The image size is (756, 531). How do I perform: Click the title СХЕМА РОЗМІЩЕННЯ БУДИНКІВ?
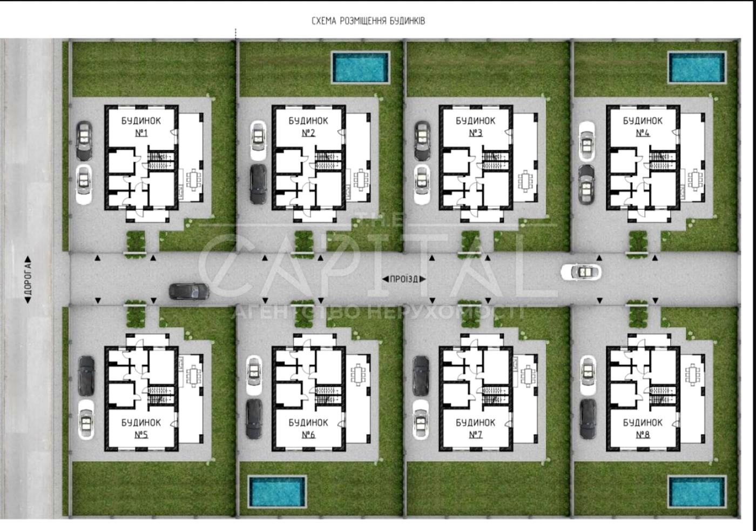coord(368,21)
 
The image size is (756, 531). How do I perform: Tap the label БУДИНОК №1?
coord(141,127)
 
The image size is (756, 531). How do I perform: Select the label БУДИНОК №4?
coord(643,127)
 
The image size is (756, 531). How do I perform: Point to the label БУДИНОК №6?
coord(308,428)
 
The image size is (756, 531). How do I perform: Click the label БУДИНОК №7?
coord(475,428)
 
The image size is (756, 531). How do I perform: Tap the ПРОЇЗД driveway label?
coord(404,279)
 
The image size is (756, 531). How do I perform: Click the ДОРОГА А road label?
coord(28,280)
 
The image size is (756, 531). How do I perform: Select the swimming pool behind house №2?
coord(361,67)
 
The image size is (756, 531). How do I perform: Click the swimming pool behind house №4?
coord(697,67)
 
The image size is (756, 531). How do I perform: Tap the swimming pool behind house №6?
coord(277,492)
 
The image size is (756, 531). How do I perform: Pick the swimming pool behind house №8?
coord(697,492)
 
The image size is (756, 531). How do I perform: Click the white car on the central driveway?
coord(581,272)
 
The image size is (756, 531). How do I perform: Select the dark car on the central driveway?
coord(188,291)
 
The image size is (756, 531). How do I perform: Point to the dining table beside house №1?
coord(194,180)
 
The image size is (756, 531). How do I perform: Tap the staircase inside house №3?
coord(495,161)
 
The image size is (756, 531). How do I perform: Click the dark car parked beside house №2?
coord(258,184)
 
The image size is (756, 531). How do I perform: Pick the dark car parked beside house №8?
coord(588,419)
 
